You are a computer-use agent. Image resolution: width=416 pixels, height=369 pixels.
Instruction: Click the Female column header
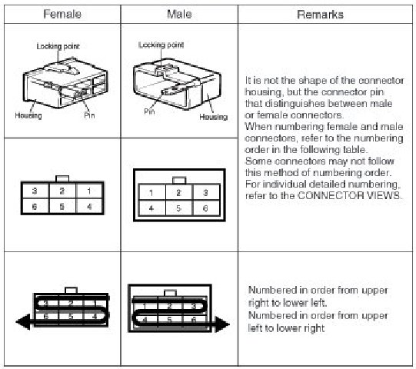pos(62,14)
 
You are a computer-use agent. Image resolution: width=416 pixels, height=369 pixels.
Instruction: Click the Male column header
pos(179,14)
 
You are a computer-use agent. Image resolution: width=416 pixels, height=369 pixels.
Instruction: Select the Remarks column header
pos(320,15)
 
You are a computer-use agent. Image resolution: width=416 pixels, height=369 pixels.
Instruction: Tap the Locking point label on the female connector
pos(58,46)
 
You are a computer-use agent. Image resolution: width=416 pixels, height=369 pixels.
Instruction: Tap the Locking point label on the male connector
pos(161,45)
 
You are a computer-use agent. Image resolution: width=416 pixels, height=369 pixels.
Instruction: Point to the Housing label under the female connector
pos(28,115)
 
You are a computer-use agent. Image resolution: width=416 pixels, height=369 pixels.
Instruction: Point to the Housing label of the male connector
pos(214,117)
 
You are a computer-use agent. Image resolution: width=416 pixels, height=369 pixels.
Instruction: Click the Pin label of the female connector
pos(89,115)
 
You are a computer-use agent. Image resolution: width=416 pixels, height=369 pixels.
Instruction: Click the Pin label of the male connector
pos(149,111)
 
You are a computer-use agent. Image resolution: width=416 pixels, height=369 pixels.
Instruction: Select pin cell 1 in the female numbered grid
pos(89,191)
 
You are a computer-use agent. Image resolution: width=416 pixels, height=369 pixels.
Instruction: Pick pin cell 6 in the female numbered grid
pos(35,206)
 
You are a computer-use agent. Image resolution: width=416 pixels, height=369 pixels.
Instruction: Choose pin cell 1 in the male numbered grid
pos(151,192)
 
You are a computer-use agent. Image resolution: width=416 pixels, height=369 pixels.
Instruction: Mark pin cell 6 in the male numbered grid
pos(206,208)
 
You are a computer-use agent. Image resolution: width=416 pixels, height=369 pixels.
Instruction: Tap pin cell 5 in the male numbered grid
pos(179,208)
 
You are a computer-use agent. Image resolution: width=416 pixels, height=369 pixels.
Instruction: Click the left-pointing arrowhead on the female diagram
pos(23,321)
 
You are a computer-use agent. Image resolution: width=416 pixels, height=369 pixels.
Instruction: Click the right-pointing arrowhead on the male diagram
pos(221,324)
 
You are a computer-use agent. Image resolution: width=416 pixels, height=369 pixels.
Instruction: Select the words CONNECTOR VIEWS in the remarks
pos(349,195)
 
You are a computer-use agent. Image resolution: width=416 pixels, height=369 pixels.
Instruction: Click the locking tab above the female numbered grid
pos(62,179)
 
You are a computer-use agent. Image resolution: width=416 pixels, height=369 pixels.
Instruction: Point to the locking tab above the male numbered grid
pos(179,181)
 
